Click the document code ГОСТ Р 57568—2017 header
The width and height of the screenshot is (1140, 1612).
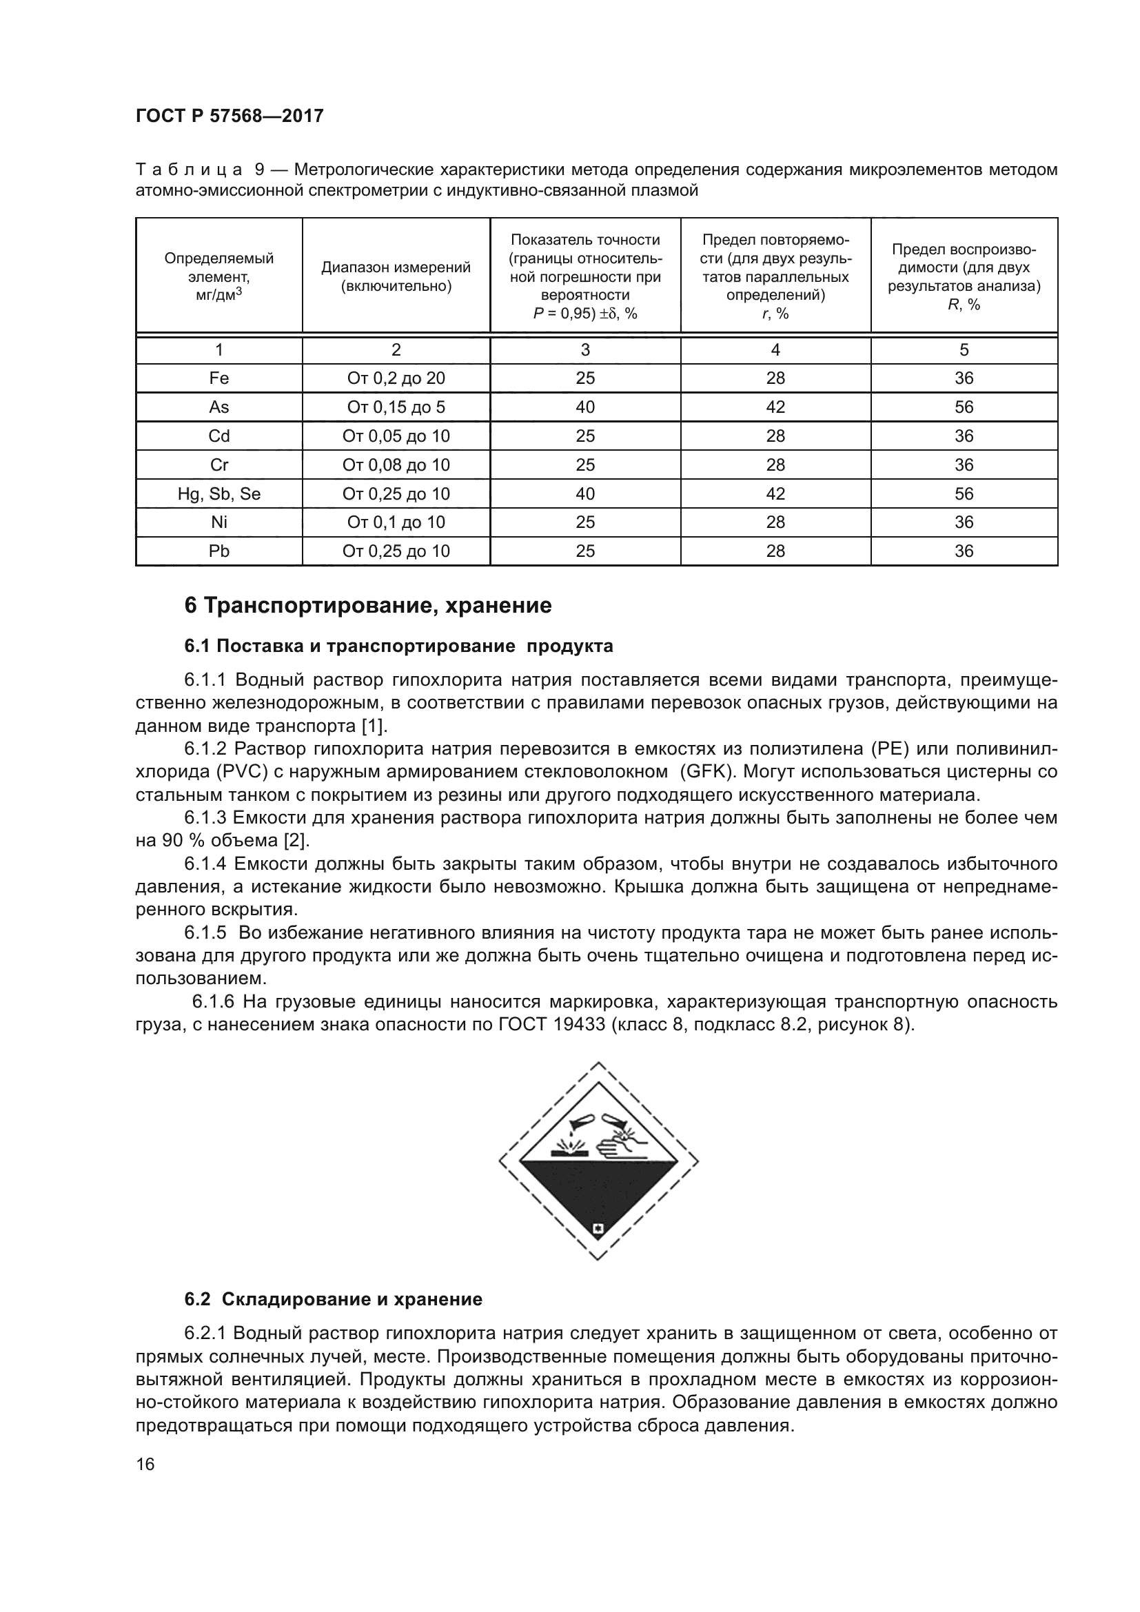(x=230, y=116)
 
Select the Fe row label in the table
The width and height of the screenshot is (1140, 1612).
(x=219, y=378)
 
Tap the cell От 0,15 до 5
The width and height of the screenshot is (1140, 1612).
(x=396, y=407)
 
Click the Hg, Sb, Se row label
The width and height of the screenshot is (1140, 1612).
(x=219, y=493)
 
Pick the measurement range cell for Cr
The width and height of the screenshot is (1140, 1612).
(x=396, y=465)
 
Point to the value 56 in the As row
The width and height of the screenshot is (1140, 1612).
(x=964, y=407)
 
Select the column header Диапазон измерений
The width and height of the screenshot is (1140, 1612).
(x=396, y=276)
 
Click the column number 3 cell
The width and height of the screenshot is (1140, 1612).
(x=584, y=349)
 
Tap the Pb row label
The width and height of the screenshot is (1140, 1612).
(x=219, y=551)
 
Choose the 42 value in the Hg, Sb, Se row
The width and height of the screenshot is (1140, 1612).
(x=775, y=493)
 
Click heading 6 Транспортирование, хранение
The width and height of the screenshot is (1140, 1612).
(x=368, y=605)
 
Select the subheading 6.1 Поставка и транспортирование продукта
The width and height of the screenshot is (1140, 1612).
(x=398, y=646)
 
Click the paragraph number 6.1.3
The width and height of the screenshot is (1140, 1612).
(x=205, y=818)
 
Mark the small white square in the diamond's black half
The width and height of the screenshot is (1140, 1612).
(x=598, y=1229)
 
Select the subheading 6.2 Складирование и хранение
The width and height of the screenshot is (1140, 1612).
(x=334, y=1300)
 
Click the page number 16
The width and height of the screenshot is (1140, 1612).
(x=145, y=1465)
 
